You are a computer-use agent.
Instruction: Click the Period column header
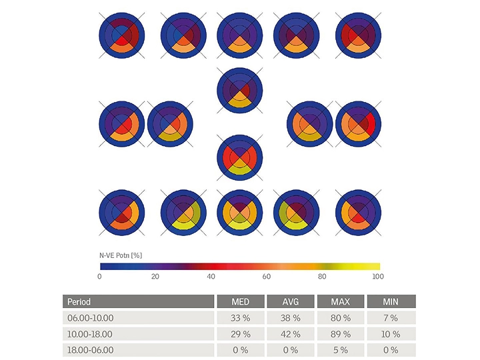tap(79, 302)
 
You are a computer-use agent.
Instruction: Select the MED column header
tap(241, 302)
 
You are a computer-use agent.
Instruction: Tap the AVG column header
tap(291, 302)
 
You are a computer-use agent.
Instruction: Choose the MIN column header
tap(391, 302)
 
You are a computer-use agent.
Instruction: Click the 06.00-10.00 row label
tap(89, 318)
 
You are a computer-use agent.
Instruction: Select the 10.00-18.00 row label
tap(89, 334)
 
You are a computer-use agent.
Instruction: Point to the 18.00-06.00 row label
tap(89, 350)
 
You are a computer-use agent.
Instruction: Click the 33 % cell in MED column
tap(241, 318)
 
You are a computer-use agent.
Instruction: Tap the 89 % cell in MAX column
tap(341, 334)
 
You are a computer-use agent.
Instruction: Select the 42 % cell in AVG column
tap(291, 334)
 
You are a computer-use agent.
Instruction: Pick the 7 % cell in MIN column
tap(391, 318)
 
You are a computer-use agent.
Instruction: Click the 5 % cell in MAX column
tap(341, 350)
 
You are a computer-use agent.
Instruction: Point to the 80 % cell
tap(341, 318)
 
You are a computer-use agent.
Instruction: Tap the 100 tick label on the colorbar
tap(377, 276)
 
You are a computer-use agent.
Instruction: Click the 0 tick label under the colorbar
tap(100, 276)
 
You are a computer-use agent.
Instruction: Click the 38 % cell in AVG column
tap(291, 318)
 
